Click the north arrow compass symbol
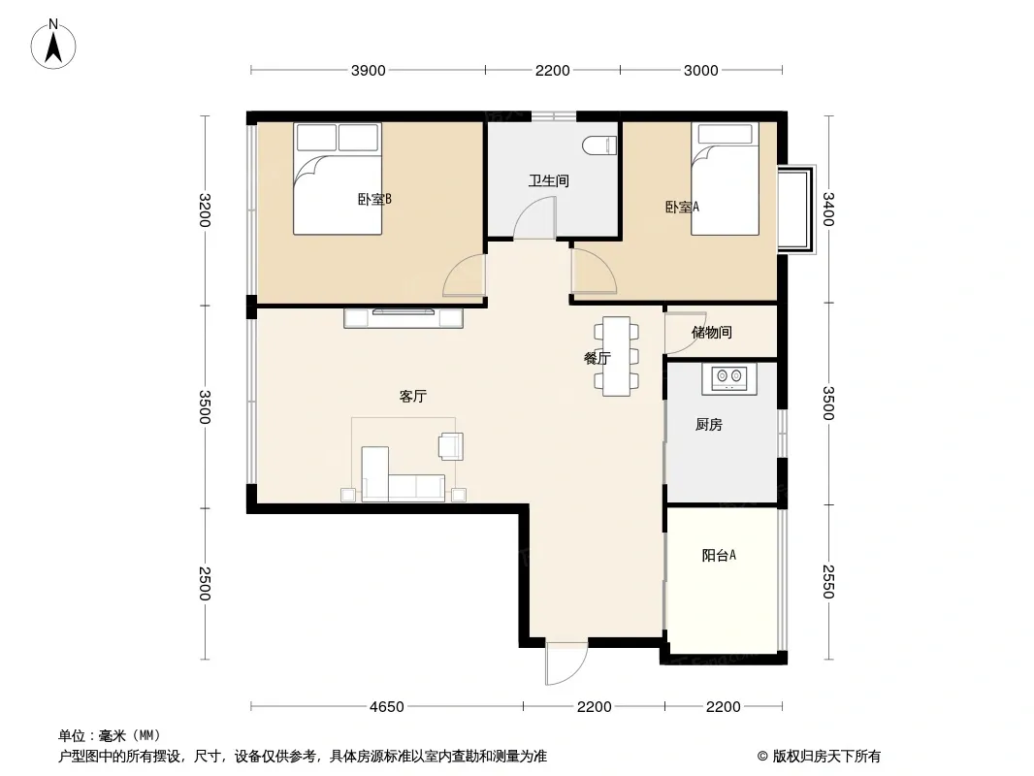pyautogui.click(x=53, y=45)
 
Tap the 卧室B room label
pyautogui.click(x=374, y=199)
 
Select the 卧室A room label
pyautogui.click(x=682, y=207)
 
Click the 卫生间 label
pyautogui.click(x=549, y=180)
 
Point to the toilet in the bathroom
pyautogui.click(x=599, y=145)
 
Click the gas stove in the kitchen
pyautogui.click(x=728, y=376)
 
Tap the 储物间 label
pyautogui.click(x=712, y=333)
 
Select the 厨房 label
pyautogui.click(x=709, y=425)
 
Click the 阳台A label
pyautogui.click(x=719, y=555)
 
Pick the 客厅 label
pyautogui.click(x=413, y=396)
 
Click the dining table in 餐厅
pyautogui.click(x=617, y=356)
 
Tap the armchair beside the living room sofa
pyautogui.click(x=451, y=445)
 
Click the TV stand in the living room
pyautogui.click(x=404, y=318)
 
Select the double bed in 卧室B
pyautogui.click(x=338, y=178)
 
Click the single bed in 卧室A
pyautogui.click(x=725, y=179)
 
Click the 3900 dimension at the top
pyautogui.click(x=368, y=71)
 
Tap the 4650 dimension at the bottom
pyautogui.click(x=386, y=707)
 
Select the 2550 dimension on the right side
pyautogui.click(x=828, y=581)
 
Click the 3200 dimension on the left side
pyautogui.click(x=205, y=210)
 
